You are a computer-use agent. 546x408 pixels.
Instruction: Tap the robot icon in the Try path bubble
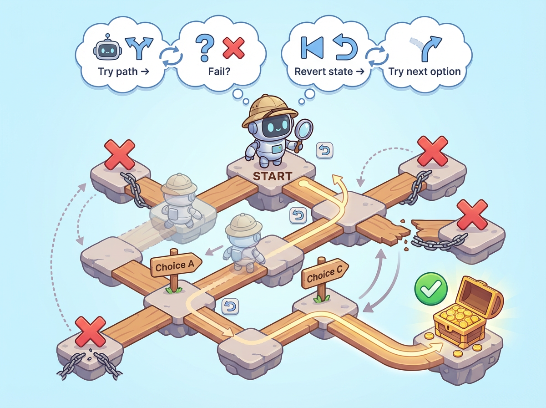click(105, 47)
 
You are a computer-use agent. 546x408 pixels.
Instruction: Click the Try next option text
click(425, 71)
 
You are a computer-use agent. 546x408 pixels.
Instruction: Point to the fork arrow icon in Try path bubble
click(136, 47)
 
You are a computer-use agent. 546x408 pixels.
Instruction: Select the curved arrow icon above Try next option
click(429, 47)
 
